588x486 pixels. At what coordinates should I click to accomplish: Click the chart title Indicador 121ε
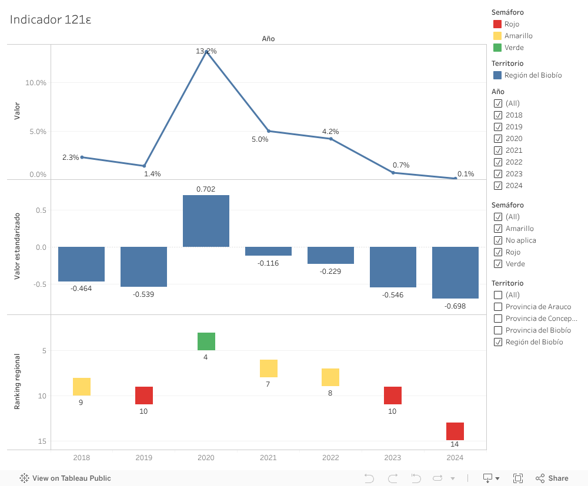[51, 19]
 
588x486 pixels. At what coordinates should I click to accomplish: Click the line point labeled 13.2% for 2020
[206, 52]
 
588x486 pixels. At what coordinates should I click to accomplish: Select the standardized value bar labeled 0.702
[206, 221]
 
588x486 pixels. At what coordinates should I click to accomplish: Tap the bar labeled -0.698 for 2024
[455, 273]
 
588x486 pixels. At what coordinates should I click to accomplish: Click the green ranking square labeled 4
[206, 341]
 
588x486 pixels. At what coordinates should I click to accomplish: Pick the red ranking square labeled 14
[455, 431]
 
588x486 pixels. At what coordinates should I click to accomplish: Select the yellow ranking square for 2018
[82, 387]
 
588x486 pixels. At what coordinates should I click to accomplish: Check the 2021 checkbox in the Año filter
[498, 150]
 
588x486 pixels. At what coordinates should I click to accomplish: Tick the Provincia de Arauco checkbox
[498, 307]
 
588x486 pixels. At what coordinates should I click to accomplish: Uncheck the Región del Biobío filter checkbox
[498, 342]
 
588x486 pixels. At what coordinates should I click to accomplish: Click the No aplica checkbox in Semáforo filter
[498, 240]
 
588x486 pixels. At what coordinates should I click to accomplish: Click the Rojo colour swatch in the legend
[497, 24]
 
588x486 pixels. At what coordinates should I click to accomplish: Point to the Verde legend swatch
[497, 48]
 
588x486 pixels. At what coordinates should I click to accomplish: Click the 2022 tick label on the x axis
[330, 458]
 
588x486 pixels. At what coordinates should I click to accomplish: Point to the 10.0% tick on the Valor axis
[36, 83]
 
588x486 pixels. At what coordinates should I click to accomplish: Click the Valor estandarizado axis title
[17, 246]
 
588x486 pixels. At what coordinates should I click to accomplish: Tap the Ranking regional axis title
[17, 381]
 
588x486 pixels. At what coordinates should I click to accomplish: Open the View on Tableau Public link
[65, 478]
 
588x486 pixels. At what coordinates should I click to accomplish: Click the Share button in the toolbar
[552, 478]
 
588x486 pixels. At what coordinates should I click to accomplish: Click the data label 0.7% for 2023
[401, 165]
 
